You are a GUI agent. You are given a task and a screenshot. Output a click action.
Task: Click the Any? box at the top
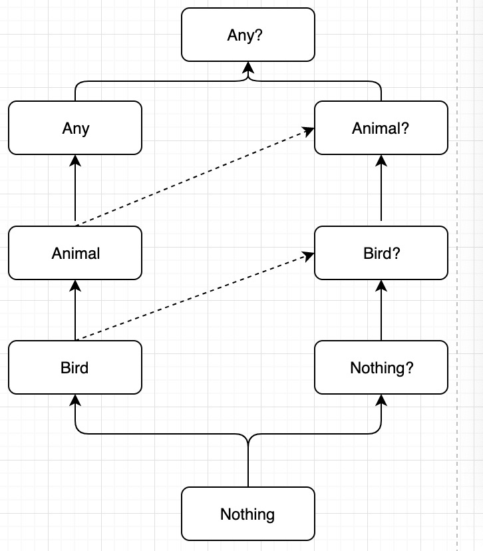[248, 35]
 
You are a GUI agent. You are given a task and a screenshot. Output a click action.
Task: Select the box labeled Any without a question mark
[75, 128]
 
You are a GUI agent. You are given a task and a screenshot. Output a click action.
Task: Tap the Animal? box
[381, 128]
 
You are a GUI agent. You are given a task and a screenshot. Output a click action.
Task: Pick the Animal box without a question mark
[75, 253]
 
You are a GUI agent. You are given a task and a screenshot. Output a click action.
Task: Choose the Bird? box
[381, 253]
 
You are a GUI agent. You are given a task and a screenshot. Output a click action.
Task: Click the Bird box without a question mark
[75, 367]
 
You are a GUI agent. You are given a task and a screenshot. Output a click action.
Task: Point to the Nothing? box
[381, 367]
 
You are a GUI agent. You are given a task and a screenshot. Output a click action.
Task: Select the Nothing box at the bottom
[248, 514]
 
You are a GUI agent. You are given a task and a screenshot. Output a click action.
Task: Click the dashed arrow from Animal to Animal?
[193, 176]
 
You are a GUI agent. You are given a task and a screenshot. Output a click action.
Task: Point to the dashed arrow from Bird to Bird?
[193, 296]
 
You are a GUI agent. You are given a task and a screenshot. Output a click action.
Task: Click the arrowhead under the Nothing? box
[381, 399]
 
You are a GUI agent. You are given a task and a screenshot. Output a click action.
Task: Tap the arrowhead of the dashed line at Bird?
[309, 254]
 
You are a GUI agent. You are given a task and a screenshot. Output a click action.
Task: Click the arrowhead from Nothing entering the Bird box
[75, 399]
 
